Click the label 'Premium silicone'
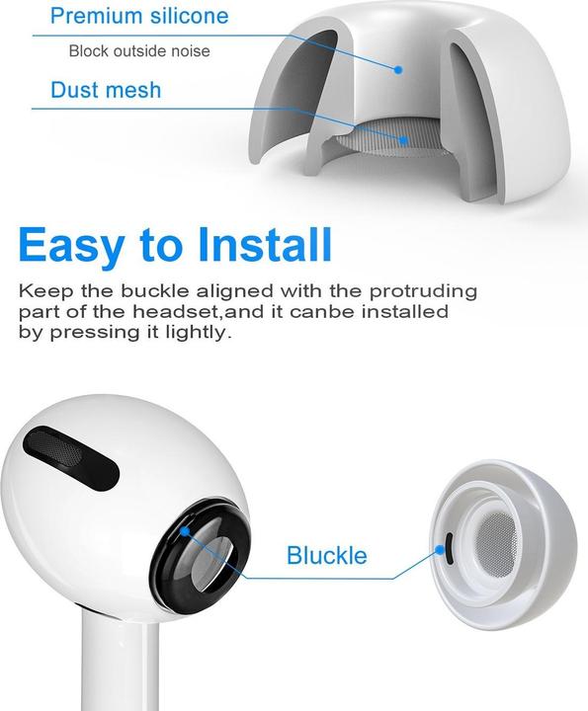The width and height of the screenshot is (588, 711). (138, 16)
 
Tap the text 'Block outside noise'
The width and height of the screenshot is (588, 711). (139, 51)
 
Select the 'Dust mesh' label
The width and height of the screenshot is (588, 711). (106, 91)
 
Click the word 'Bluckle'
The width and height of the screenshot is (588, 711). (326, 555)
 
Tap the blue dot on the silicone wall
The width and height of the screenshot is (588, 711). (397, 70)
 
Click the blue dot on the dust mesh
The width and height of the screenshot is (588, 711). (404, 139)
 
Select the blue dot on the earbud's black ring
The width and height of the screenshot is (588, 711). (184, 530)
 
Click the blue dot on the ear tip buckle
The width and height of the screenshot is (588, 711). (440, 544)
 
